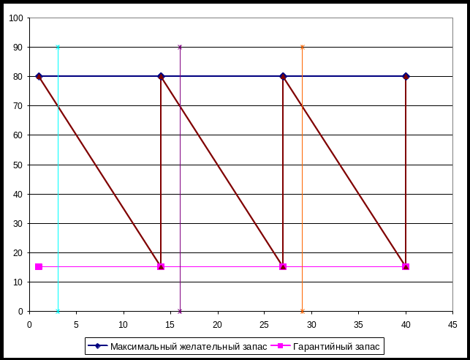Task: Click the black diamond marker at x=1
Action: click(39, 76)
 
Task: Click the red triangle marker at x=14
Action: click(161, 267)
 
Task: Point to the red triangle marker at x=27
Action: click(283, 267)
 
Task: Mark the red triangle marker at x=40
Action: click(406, 267)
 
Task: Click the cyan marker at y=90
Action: click(58, 47)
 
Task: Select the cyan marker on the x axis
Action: click(58, 311)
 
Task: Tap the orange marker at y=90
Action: click(302, 47)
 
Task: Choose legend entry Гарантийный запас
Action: click(336, 346)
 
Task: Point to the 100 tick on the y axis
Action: click(18, 18)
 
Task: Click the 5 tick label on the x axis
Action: click(77, 323)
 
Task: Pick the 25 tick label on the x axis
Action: click(265, 323)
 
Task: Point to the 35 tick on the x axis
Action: click(358, 323)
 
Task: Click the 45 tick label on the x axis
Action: click(452, 323)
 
